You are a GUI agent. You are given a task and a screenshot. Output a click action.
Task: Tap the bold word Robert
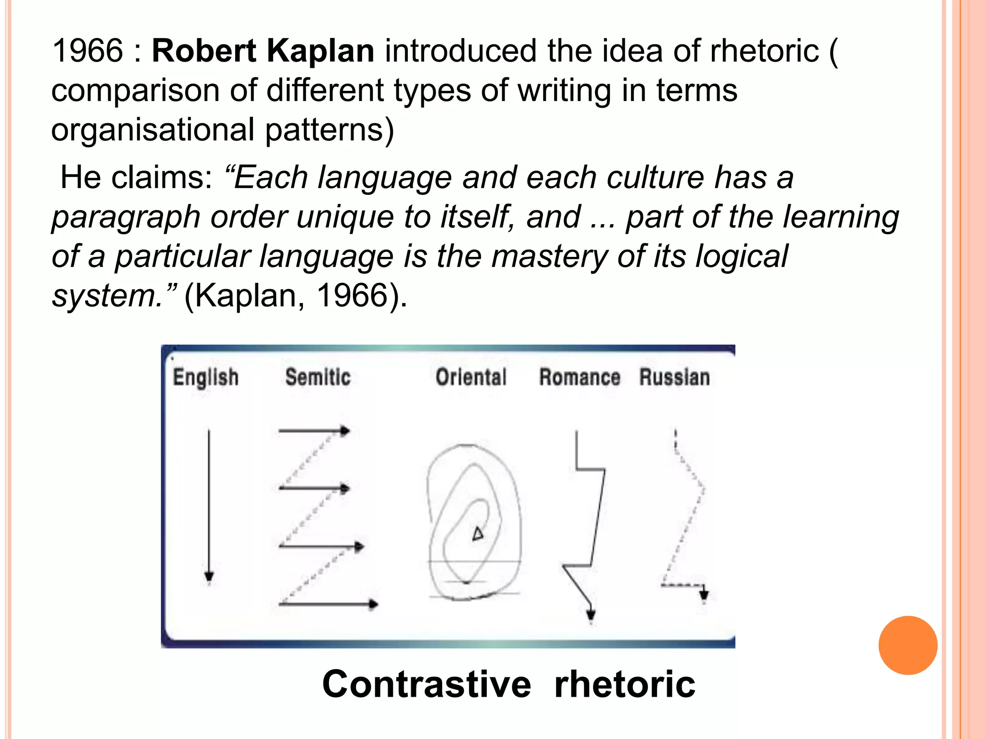(x=204, y=51)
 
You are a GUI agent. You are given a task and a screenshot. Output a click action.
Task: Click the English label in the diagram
(x=205, y=377)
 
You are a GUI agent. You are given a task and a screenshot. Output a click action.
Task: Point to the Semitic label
(x=318, y=377)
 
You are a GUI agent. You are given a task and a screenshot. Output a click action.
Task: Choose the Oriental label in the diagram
(x=471, y=377)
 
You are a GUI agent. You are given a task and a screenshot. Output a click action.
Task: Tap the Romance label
(x=580, y=377)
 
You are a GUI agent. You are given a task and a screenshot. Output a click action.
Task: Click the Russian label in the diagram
(x=674, y=377)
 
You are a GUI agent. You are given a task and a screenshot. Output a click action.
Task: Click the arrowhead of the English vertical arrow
(x=209, y=576)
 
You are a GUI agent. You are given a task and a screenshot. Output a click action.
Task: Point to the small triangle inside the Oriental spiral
(x=478, y=534)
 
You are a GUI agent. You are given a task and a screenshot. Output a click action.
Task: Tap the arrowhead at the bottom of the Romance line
(x=591, y=614)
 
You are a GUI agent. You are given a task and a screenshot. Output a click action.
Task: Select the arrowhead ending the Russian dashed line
(x=704, y=595)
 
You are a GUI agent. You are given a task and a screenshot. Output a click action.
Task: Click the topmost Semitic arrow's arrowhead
(x=345, y=431)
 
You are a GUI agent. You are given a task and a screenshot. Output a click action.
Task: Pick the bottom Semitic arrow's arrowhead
(x=373, y=604)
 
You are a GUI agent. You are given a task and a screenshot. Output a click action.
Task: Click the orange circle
(x=908, y=645)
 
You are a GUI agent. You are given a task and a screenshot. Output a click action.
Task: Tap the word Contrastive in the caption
(x=427, y=684)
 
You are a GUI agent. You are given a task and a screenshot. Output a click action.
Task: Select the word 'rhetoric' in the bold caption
(x=624, y=684)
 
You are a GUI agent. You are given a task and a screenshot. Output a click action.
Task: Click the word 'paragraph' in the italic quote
(x=126, y=217)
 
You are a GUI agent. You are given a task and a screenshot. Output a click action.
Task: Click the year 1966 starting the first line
(x=88, y=51)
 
